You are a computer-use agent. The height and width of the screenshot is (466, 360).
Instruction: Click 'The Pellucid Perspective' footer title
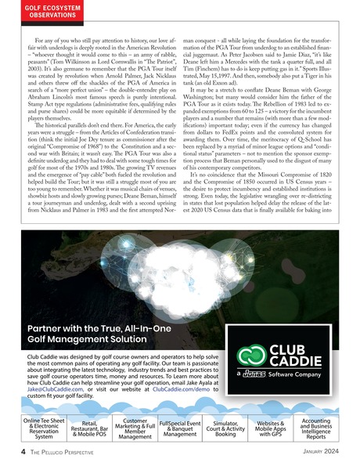pos(53,451)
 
